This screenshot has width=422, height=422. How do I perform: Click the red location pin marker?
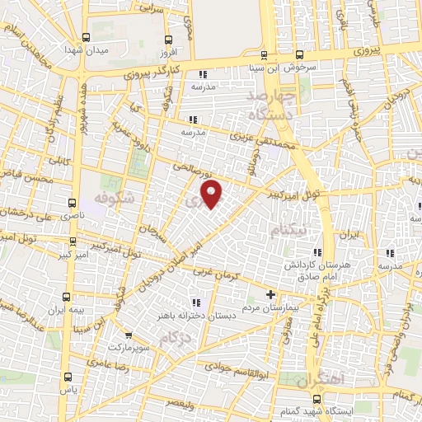(x=213, y=195)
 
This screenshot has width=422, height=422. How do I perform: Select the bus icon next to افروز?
(x=169, y=40)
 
